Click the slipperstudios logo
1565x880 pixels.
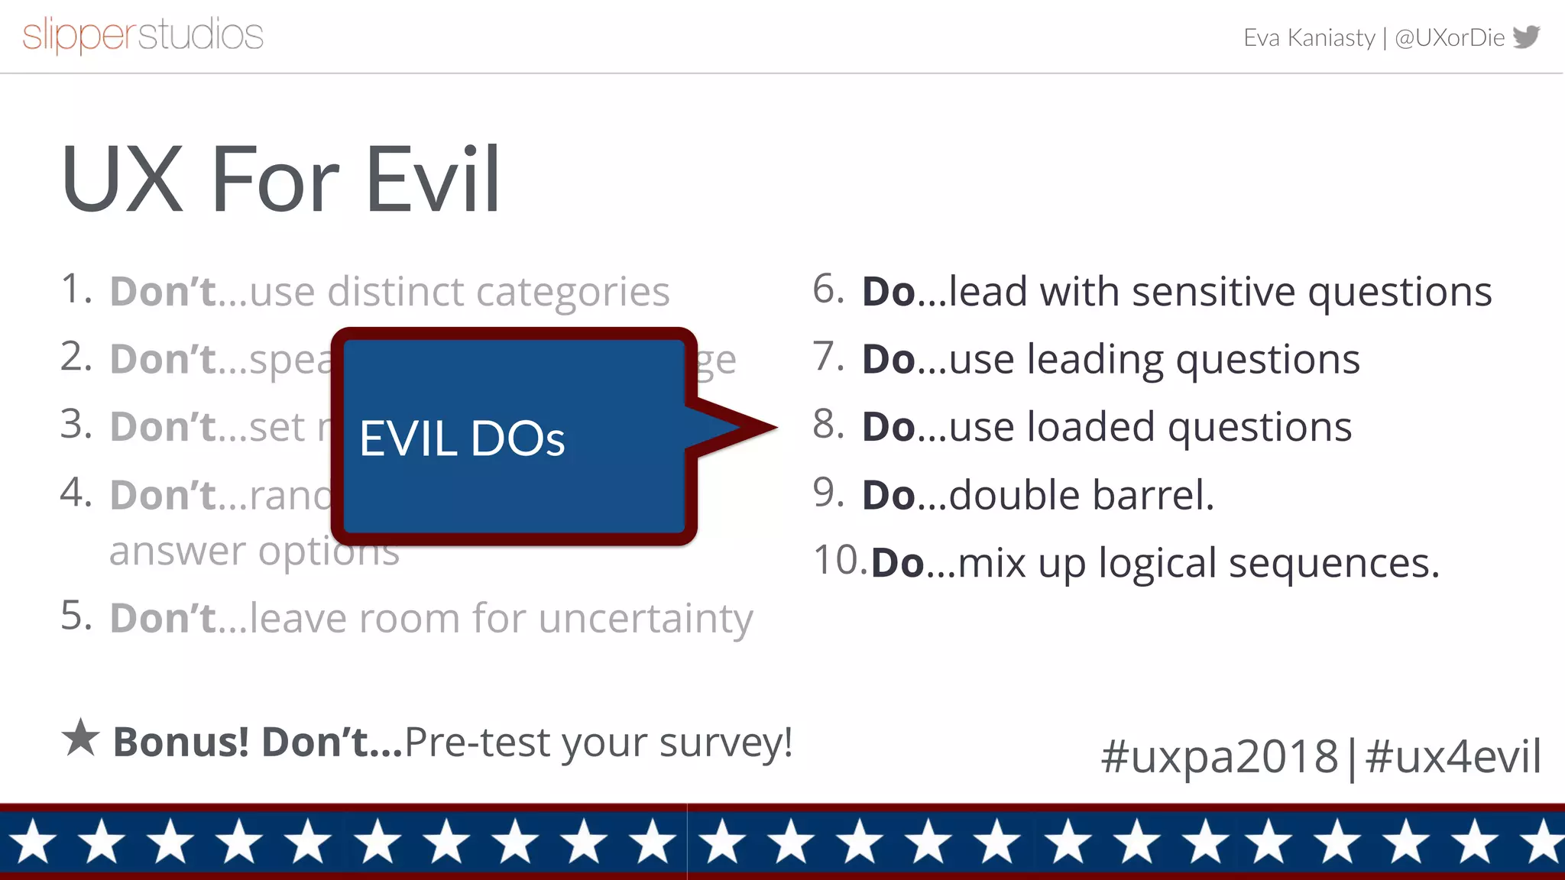143,35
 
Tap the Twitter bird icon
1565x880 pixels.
1526,36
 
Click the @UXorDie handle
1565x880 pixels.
1449,37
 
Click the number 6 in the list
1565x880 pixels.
828,289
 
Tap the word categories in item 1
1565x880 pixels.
572,293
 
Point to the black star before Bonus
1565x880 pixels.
80,738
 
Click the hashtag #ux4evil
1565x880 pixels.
1453,756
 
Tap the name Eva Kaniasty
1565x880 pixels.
1308,37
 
